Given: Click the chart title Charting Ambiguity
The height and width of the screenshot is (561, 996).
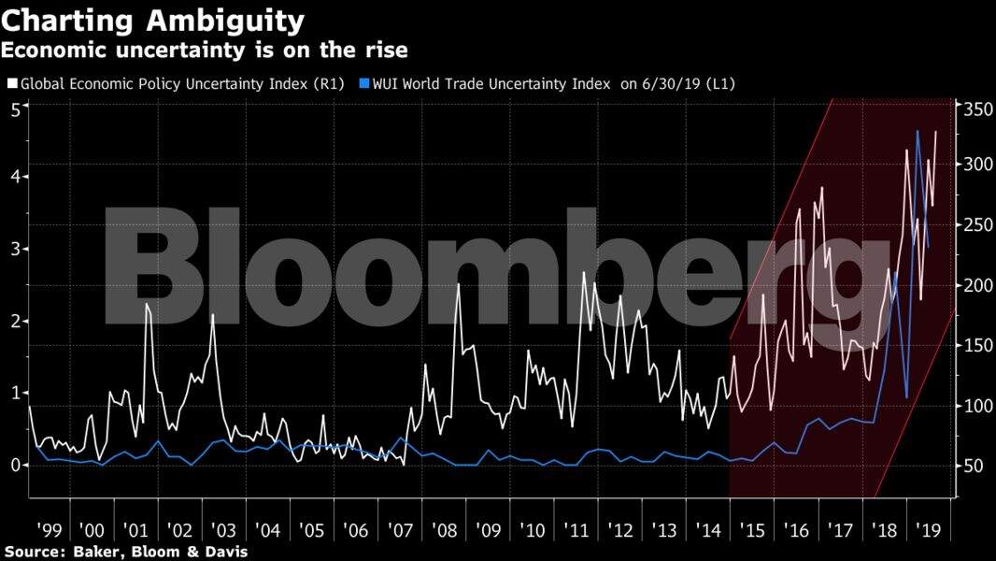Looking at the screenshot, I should click(153, 20).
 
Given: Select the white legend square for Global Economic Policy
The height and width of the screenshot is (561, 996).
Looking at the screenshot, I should click(11, 83).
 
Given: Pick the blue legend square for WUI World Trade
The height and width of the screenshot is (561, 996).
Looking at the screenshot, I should click(364, 83).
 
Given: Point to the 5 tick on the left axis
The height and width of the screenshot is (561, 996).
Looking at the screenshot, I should click(15, 109).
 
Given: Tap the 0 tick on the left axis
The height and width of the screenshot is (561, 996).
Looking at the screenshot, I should click(15, 465).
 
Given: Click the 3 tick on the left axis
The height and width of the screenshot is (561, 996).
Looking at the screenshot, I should click(15, 249).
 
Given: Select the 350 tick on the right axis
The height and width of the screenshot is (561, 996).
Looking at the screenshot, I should click(975, 109).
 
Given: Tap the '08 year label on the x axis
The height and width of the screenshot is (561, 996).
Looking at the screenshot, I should click(445, 530).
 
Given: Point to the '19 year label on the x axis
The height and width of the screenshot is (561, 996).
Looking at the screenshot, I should click(928, 530).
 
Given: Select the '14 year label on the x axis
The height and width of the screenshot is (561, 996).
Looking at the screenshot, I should click(708, 530).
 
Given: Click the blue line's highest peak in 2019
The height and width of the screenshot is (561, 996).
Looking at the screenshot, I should click(918, 131).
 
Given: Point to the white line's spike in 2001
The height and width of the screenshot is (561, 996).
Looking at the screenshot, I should click(147, 304).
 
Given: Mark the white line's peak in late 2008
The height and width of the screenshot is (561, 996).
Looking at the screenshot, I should click(458, 283).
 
